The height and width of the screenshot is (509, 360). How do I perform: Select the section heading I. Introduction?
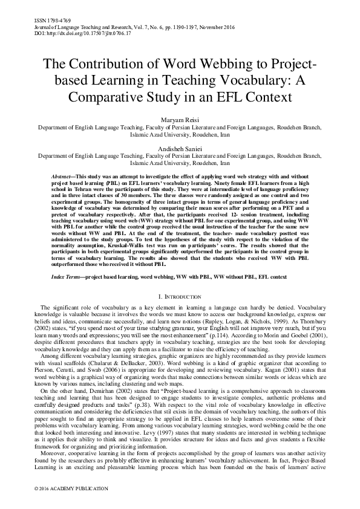(180, 296)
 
